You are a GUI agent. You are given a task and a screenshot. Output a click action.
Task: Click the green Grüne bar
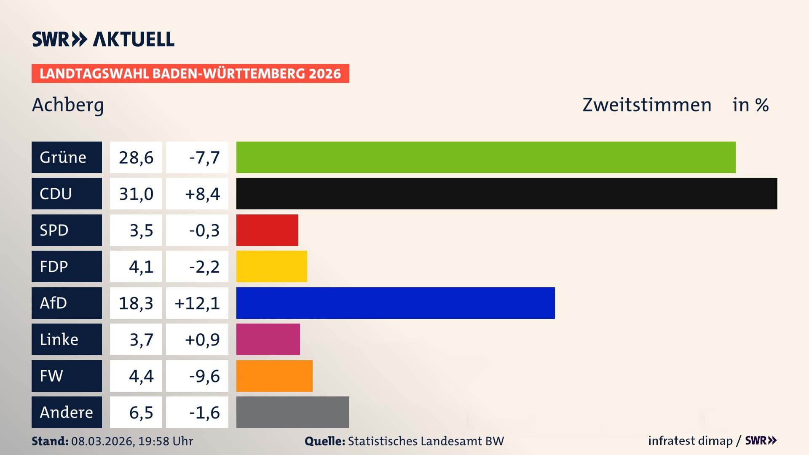(485, 157)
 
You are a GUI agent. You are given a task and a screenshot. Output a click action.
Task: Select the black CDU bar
(506, 193)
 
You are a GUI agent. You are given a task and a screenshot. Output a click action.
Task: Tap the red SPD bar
(267, 230)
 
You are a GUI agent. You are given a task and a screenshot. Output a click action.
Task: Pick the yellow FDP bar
(271, 266)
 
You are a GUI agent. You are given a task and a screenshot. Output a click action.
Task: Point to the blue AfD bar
(395, 303)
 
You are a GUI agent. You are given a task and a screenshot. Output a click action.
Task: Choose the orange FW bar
(274, 376)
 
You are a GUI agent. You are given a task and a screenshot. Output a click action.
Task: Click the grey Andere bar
(292, 412)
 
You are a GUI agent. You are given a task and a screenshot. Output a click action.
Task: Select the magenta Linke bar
(268, 339)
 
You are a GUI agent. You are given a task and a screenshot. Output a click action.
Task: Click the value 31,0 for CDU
(136, 194)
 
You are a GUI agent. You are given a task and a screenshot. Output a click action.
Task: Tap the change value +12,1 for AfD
(197, 303)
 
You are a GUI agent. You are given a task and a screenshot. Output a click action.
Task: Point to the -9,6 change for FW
(204, 376)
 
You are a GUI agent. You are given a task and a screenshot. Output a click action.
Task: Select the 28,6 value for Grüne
(136, 158)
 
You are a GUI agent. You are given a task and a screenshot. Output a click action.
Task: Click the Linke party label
(59, 340)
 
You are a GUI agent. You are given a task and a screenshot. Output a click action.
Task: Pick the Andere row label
(66, 412)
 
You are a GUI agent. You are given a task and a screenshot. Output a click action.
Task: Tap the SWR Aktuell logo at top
(103, 39)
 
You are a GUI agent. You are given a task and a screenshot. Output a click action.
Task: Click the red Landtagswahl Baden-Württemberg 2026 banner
(190, 74)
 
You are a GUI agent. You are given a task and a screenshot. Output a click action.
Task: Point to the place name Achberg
(68, 105)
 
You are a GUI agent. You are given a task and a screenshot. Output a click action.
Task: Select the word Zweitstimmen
(647, 105)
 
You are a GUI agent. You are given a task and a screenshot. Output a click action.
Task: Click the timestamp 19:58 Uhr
(166, 441)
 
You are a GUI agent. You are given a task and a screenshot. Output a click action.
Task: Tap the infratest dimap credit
(690, 441)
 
